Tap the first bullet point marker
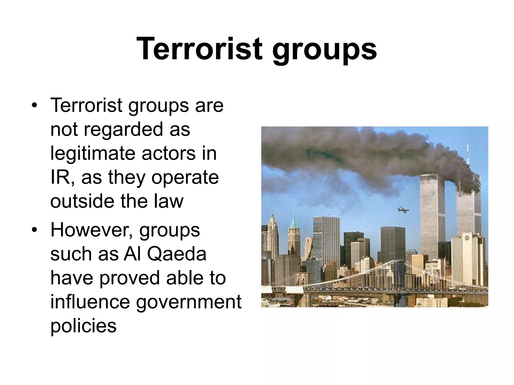(x=35, y=106)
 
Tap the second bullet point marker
(x=35, y=230)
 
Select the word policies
(x=84, y=326)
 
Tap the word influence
(x=90, y=302)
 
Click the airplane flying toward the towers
(x=403, y=210)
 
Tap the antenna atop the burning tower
(x=468, y=155)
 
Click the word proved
(x=130, y=278)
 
